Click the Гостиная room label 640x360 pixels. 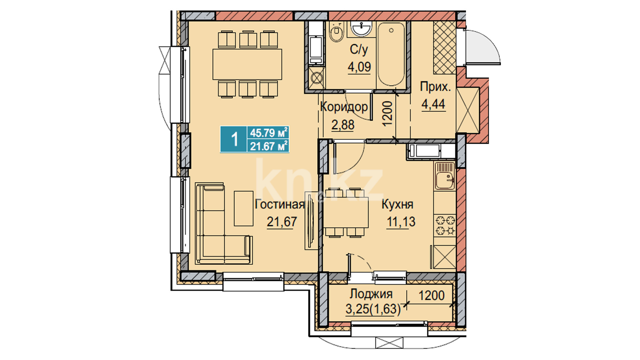coord(279,204)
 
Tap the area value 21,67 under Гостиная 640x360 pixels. coord(282,222)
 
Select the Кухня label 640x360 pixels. coord(397,204)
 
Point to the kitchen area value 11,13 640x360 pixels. coord(401,222)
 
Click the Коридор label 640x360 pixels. coord(344,107)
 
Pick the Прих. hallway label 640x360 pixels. coord(435,87)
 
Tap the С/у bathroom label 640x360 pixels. coord(359,50)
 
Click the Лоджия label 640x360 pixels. coord(371,294)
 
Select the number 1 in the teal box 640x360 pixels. coord(235,139)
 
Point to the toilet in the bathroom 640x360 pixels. coord(336,33)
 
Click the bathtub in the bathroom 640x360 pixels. coord(391,54)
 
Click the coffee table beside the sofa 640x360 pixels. coord(244,208)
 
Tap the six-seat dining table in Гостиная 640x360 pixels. coord(247,64)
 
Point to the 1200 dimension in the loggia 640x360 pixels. coord(431,295)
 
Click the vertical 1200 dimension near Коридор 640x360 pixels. coord(387,114)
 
